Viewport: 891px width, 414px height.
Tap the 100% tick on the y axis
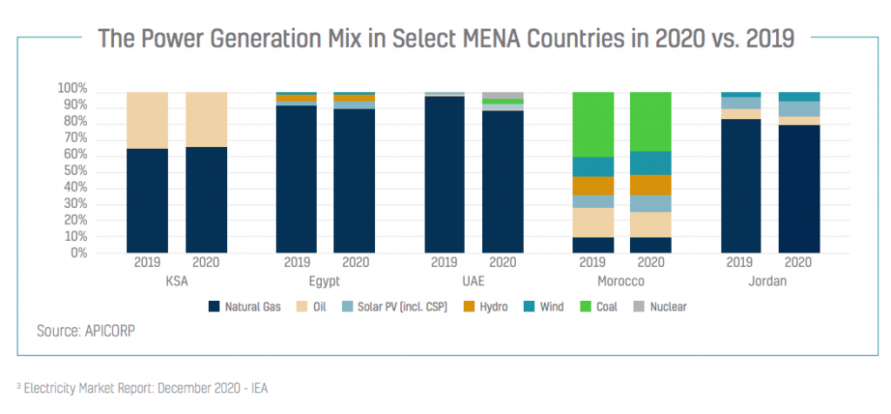tap(72, 89)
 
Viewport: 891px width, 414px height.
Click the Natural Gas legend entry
tap(246, 306)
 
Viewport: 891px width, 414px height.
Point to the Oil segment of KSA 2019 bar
tap(147, 120)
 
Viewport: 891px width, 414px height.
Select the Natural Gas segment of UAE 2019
tap(445, 174)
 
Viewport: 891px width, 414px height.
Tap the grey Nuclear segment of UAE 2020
tap(503, 96)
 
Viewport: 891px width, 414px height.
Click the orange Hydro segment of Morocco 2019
tap(593, 185)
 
